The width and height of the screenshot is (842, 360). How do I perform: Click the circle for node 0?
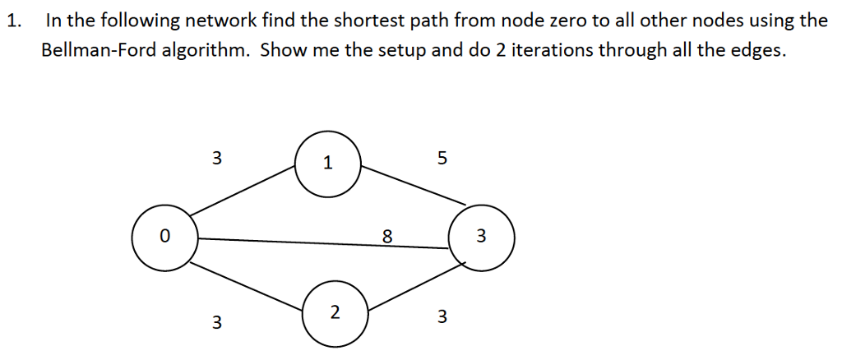point(164,238)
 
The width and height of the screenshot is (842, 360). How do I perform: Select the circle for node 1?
point(328,163)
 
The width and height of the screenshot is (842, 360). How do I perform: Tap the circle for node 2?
point(334,312)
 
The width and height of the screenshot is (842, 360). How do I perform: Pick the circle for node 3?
point(482,238)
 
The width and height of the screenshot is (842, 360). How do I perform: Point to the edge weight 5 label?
point(442,159)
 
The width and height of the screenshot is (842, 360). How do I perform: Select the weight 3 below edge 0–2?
point(216,322)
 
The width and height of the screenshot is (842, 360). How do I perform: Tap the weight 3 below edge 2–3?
point(442,316)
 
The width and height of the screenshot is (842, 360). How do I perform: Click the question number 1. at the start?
point(12,21)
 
